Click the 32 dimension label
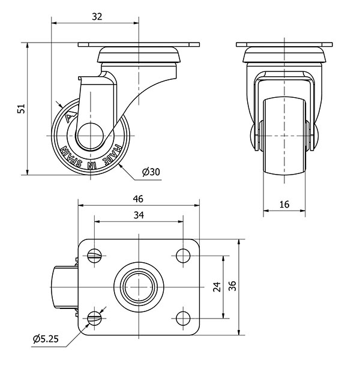point(96,17)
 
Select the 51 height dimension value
point(20,109)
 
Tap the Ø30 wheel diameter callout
point(151,172)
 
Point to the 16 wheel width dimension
point(284,205)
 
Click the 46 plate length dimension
point(139,199)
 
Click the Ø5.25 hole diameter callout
point(45,339)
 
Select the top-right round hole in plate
point(182,256)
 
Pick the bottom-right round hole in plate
point(182,317)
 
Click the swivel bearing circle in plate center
point(139,287)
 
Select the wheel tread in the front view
point(284,138)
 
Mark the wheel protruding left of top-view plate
point(63,287)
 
